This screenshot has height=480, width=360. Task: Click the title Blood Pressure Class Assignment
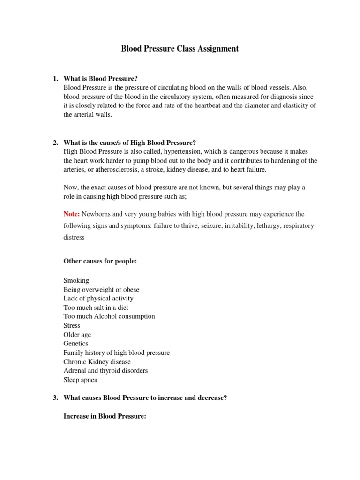point(180,49)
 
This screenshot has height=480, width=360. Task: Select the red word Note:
point(72,214)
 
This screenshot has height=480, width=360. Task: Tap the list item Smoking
point(76,280)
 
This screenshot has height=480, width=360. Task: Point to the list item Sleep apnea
point(80,380)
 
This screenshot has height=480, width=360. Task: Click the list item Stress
point(72,325)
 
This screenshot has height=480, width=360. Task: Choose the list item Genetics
point(75,344)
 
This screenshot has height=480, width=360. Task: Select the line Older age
point(77,335)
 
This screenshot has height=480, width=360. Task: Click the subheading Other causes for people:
point(100,261)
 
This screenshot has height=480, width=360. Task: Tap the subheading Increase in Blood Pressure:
point(105,416)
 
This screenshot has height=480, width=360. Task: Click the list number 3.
point(55,398)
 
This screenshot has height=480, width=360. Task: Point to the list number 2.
point(55,142)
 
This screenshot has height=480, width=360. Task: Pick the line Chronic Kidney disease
point(97,362)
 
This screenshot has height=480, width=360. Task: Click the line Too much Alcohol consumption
point(109,316)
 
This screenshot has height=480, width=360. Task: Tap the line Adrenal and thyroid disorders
point(105,371)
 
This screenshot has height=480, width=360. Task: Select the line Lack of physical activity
point(98,299)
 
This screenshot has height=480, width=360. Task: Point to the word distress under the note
point(74,237)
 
